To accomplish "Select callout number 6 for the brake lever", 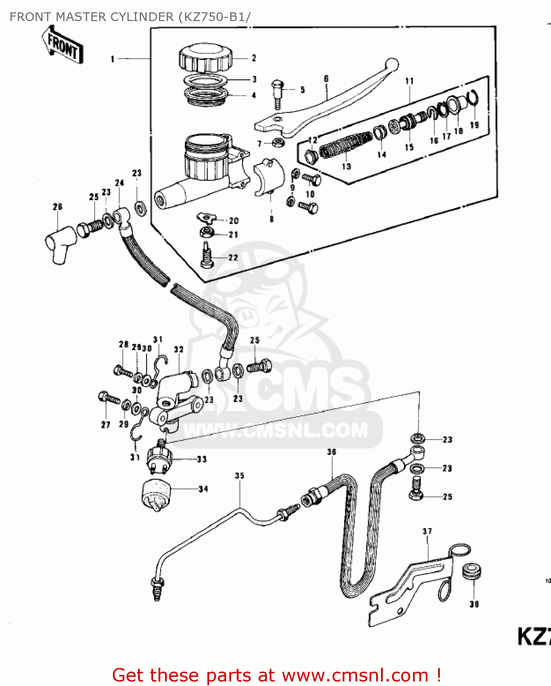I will [x=326, y=79].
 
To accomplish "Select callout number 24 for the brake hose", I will [x=119, y=183].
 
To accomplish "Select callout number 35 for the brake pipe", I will [x=240, y=476].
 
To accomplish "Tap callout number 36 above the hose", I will [x=332, y=452].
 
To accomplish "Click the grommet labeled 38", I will [x=472, y=571].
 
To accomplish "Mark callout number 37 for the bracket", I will [x=427, y=531].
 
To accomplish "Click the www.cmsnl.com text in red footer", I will [x=355, y=675].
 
